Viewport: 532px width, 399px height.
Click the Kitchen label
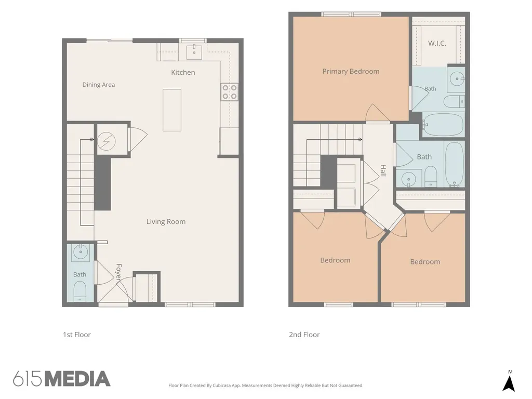183,72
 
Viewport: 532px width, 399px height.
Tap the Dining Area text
98,85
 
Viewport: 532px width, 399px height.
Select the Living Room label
166,221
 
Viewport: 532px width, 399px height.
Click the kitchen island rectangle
172,110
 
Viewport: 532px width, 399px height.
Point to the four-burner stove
229,92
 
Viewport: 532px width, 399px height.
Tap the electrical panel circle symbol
107,141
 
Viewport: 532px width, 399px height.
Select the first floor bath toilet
80,291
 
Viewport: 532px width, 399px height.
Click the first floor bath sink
81,252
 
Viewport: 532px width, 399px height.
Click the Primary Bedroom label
351,71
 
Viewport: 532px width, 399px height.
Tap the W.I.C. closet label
437,43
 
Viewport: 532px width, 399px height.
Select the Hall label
383,170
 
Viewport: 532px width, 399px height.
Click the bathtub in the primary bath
443,125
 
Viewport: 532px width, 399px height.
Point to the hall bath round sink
409,179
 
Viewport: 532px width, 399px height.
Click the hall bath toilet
431,176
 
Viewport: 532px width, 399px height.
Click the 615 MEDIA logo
62,379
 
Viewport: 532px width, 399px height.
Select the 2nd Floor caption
304,335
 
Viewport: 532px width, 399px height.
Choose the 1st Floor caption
77,335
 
